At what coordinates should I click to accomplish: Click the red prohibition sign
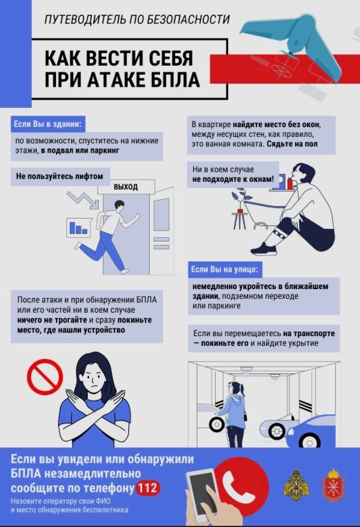(45, 377)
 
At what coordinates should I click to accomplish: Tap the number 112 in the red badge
(147, 488)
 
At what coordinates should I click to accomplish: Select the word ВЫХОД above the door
(126, 187)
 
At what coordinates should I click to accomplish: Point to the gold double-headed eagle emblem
(296, 485)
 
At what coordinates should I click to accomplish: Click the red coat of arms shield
(333, 485)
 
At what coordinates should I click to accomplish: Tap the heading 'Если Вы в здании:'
(48, 124)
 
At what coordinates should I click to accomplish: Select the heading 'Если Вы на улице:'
(225, 270)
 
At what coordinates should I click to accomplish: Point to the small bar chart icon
(79, 228)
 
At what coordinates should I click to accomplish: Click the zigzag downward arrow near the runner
(82, 201)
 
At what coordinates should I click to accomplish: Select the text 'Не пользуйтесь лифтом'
(60, 176)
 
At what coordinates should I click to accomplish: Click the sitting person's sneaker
(264, 249)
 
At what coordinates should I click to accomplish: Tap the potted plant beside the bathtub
(243, 201)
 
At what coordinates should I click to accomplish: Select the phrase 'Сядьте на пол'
(292, 144)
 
